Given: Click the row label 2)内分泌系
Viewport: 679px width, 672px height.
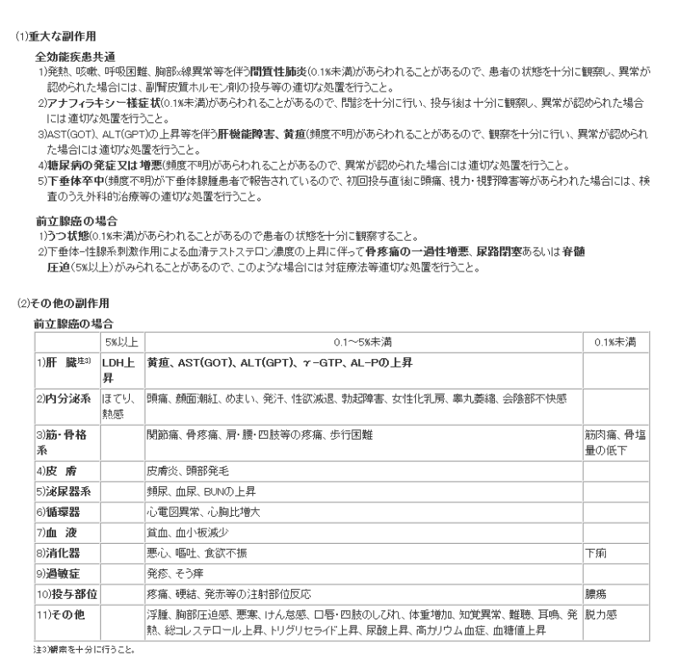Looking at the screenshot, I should tap(65, 397).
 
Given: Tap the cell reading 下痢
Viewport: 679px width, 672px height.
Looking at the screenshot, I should tap(597, 552).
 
